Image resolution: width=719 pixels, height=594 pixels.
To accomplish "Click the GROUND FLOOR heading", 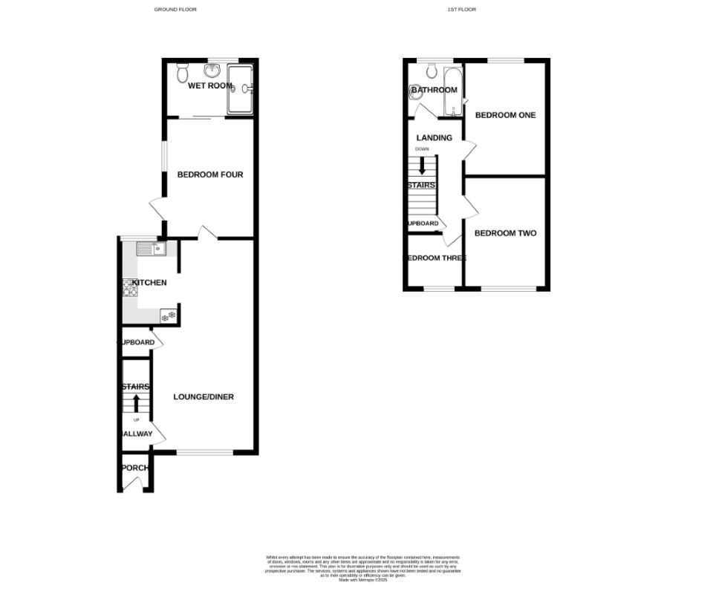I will tap(175, 10).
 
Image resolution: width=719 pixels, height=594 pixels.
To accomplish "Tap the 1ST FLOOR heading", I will tap(461, 10).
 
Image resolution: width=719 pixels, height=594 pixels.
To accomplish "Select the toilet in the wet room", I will tap(183, 73).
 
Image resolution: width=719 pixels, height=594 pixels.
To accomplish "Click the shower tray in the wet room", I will tap(240, 88).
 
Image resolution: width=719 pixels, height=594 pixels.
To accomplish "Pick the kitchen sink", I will tap(160, 249).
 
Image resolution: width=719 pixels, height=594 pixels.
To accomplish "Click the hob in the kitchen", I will tap(131, 287).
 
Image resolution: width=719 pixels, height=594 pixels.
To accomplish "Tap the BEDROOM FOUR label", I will tap(210, 175).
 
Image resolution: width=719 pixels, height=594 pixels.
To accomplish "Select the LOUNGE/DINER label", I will tap(204, 397).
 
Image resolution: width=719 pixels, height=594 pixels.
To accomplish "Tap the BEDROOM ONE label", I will tap(505, 115).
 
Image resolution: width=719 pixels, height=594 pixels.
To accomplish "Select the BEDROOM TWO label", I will tap(505, 233).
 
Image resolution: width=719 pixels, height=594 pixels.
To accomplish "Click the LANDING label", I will tap(435, 138).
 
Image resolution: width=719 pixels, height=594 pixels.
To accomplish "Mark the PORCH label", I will tap(136, 468).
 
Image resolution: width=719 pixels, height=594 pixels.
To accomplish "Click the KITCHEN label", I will tap(149, 283).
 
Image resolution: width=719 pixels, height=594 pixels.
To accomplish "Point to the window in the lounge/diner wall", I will tap(205, 452).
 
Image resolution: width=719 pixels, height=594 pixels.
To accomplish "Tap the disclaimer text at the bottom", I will tap(363, 566).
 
